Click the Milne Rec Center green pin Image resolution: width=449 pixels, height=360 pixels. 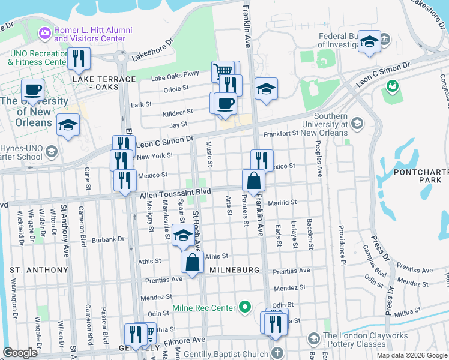click(x=244, y=308)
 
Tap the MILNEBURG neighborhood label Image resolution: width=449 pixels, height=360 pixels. click(x=235, y=271)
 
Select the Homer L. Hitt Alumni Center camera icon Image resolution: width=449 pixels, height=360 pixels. click(x=45, y=32)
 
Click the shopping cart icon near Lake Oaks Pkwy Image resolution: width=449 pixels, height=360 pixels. click(x=223, y=70)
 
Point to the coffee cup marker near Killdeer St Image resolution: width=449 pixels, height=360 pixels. click(x=225, y=103)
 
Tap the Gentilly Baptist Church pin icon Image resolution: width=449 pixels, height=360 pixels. click(x=276, y=352)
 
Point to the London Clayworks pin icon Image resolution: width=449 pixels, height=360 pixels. click(x=313, y=340)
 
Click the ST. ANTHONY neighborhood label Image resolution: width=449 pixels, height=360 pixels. click(x=39, y=271)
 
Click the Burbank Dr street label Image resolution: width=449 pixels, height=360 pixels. click(x=112, y=239)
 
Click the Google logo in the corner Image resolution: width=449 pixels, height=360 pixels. click(x=20, y=353)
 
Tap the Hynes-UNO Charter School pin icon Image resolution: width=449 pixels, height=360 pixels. click(x=51, y=151)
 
